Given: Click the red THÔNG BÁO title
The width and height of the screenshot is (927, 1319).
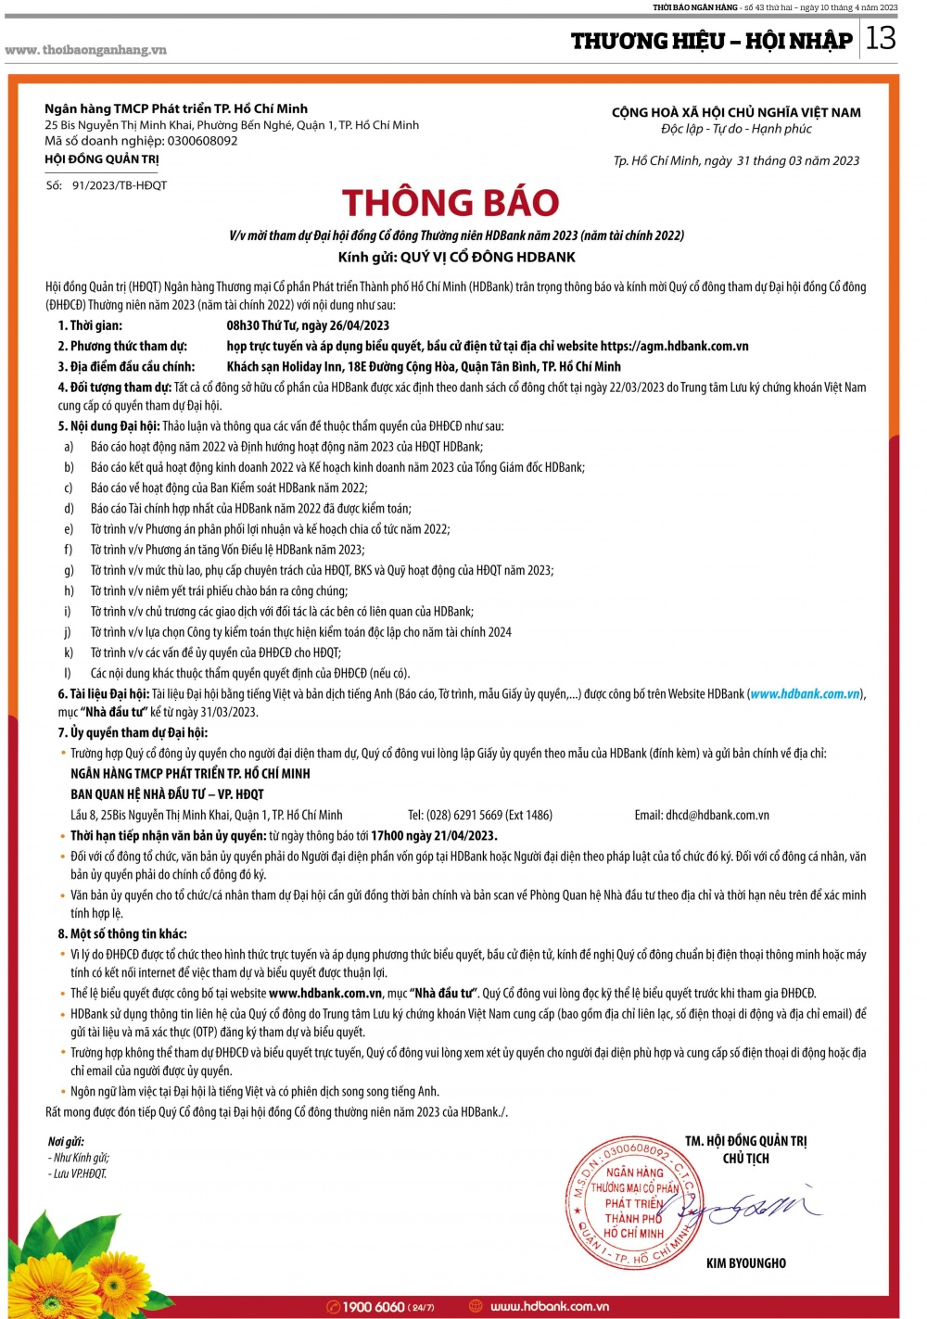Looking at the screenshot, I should (x=451, y=203).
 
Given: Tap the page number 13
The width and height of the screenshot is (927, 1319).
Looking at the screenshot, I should (x=881, y=38).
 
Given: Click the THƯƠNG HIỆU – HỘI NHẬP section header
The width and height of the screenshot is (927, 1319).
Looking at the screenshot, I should (x=711, y=41).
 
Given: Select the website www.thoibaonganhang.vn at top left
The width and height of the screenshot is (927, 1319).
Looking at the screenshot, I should (x=85, y=50).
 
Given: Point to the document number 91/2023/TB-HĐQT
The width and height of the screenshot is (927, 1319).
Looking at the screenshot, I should (x=120, y=185).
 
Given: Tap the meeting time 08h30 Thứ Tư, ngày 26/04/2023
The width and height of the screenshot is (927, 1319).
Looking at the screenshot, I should (x=308, y=325).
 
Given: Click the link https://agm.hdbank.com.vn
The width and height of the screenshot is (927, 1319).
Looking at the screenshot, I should (x=674, y=346).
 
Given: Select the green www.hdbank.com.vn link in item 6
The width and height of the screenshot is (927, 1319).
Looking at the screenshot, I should (x=805, y=693).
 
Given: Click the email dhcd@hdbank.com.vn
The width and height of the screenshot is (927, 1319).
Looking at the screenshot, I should (x=717, y=815).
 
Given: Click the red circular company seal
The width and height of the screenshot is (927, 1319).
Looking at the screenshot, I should (x=634, y=1202).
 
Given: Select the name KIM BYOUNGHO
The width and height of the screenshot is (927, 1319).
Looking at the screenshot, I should (x=745, y=1263).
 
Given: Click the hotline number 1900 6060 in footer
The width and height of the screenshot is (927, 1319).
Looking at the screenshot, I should (x=373, y=1307).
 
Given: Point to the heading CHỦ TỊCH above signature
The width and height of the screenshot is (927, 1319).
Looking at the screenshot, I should (x=745, y=1159).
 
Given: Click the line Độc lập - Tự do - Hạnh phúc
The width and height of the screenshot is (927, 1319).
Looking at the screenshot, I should (x=736, y=129).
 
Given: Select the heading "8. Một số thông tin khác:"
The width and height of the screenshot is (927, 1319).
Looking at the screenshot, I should (x=122, y=933).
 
